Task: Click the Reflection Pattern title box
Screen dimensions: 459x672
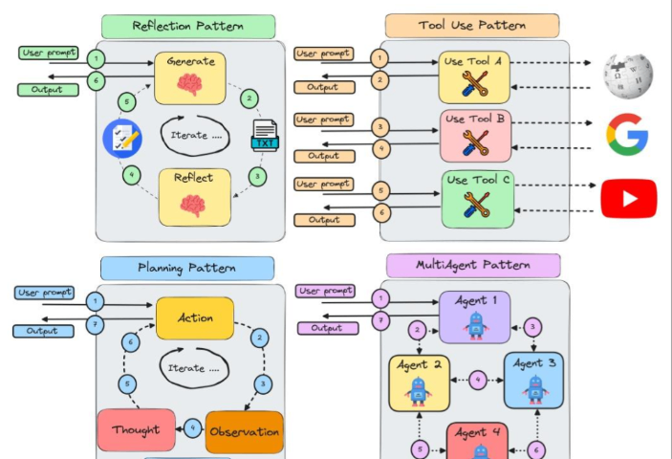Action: [x=187, y=26]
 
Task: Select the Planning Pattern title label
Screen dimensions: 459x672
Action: [x=186, y=268]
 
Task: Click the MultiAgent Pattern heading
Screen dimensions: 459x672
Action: [x=473, y=265]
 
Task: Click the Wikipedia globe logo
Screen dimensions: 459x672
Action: [x=627, y=76]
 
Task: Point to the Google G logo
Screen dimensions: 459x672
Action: [x=627, y=135]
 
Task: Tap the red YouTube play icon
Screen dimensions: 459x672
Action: [x=628, y=198]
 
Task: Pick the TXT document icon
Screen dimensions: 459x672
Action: [x=264, y=135]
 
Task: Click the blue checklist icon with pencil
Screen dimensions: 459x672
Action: [x=122, y=138]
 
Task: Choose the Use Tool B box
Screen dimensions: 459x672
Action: [x=475, y=135]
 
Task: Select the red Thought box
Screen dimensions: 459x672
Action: [x=136, y=430]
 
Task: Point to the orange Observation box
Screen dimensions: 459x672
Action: [x=244, y=431]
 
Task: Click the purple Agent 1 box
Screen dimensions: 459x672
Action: [x=474, y=317]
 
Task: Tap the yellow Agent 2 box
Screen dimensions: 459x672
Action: [x=419, y=382]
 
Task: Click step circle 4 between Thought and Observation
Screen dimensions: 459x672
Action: [x=191, y=427]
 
